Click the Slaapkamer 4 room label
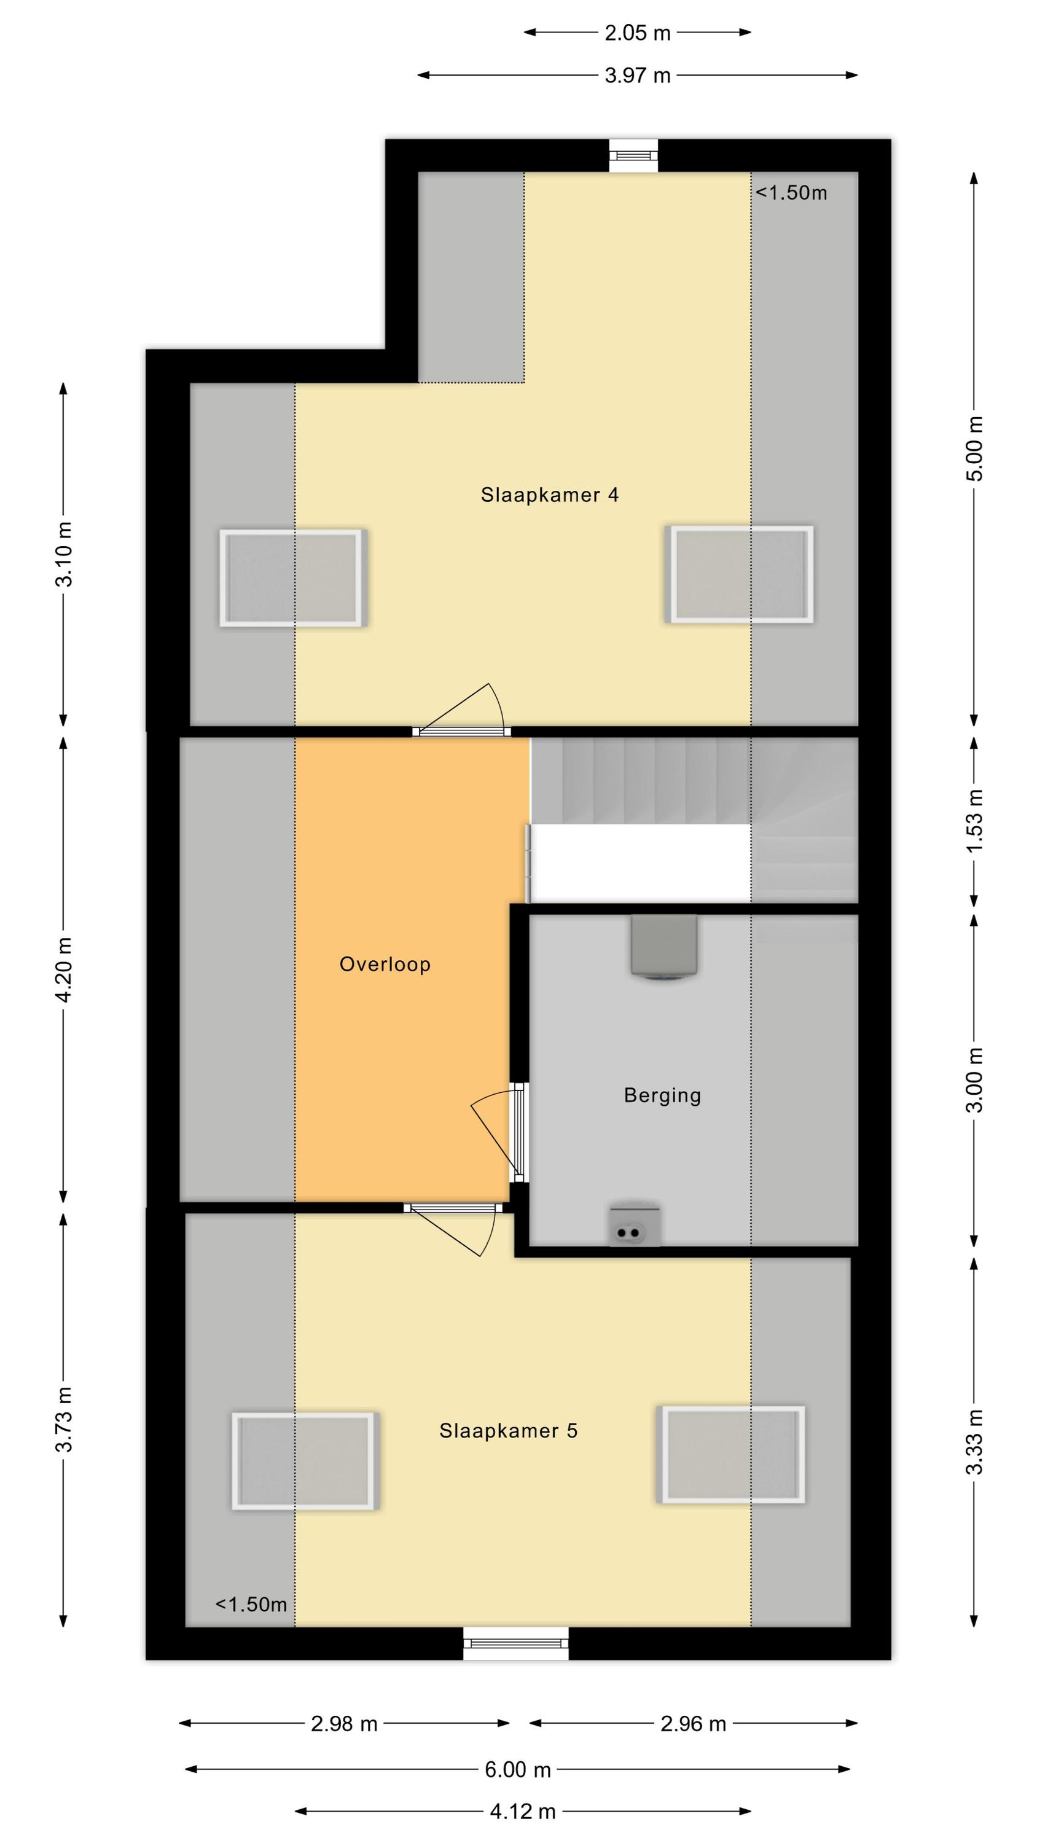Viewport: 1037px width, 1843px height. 549,495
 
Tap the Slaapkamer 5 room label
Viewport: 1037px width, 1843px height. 508,1430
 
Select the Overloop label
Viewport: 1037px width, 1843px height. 385,965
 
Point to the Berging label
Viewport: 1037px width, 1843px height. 662,1095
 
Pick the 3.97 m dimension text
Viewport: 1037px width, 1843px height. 637,75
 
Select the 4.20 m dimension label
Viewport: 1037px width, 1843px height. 64,969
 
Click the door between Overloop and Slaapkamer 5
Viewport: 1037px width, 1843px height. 453,1229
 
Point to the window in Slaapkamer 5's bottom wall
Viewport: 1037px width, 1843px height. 515,1643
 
